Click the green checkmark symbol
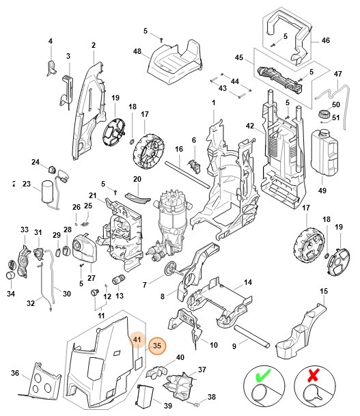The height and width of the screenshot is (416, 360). tap(260, 376)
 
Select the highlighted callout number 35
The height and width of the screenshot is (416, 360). tap(157, 346)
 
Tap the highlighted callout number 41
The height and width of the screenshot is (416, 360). tap(137, 339)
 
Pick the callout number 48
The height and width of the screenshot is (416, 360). tap(137, 52)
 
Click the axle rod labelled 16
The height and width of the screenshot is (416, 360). tap(184, 171)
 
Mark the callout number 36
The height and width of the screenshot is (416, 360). tap(15, 372)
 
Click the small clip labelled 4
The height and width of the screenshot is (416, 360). tap(52, 66)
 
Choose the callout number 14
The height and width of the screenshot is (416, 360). tap(248, 282)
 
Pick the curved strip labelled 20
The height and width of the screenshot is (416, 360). tap(139, 197)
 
